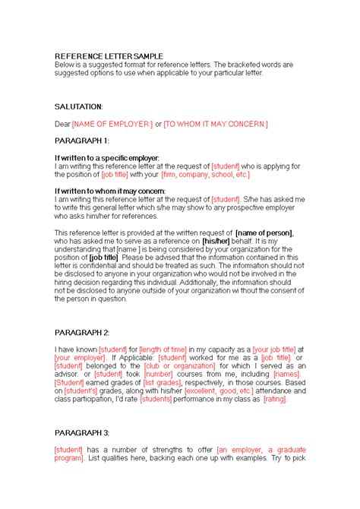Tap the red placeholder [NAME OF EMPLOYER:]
tap(112, 124)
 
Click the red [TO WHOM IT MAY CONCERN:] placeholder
tap(216, 124)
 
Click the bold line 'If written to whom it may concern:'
tap(109, 191)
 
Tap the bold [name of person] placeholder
tap(265, 232)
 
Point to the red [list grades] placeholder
tap(160, 382)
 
